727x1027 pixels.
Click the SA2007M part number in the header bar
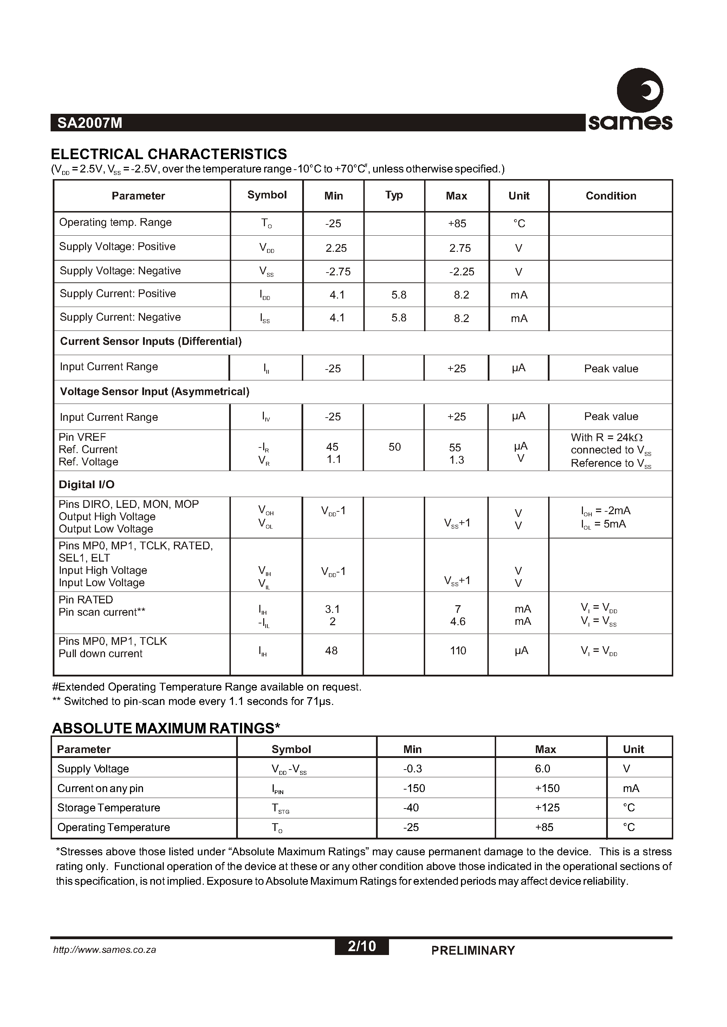coord(90,123)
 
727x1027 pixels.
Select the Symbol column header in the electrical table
coord(267,195)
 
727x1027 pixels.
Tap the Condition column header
coord(611,196)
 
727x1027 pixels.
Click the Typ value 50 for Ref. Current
coord(394,447)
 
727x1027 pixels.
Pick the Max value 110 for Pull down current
coord(458,651)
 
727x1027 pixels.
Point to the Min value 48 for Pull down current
coord(331,651)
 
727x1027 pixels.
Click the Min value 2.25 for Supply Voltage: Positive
coord(336,248)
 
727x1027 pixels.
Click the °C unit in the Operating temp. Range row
coord(519,224)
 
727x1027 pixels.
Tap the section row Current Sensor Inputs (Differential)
coord(151,341)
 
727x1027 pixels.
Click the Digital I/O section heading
coord(86,485)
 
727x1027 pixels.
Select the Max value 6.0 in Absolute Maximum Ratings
coord(542,769)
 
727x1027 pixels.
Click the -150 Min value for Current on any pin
coord(414,789)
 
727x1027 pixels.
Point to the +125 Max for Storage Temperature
coord(547,808)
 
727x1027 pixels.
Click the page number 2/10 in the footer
coord(362,946)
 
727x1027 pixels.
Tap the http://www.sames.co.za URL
coord(105,950)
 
